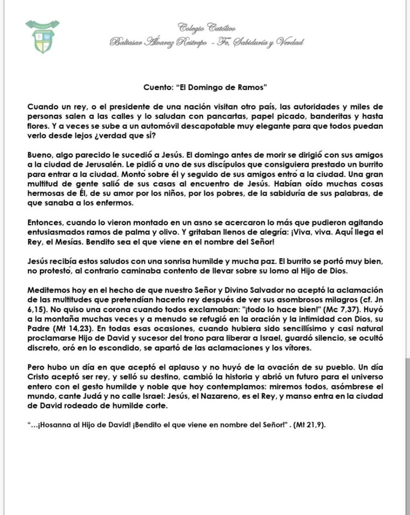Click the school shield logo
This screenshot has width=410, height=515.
pyautogui.click(x=42, y=36)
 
